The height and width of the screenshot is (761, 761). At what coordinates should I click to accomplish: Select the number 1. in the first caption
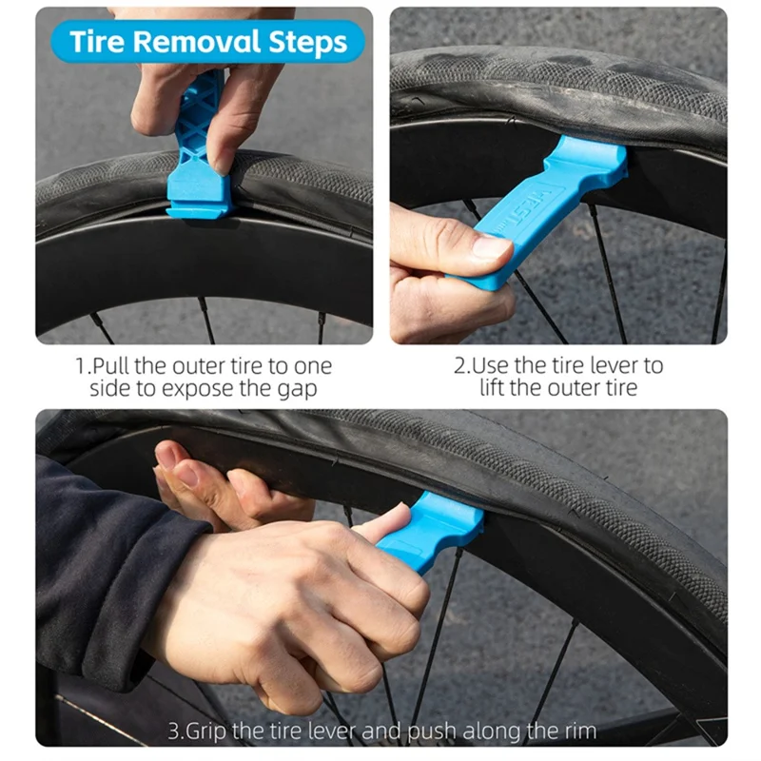click(83, 365)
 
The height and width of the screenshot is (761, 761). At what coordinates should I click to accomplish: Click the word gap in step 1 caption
click(304, 388)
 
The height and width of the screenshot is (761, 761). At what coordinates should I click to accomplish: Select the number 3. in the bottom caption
click(174, 731)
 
